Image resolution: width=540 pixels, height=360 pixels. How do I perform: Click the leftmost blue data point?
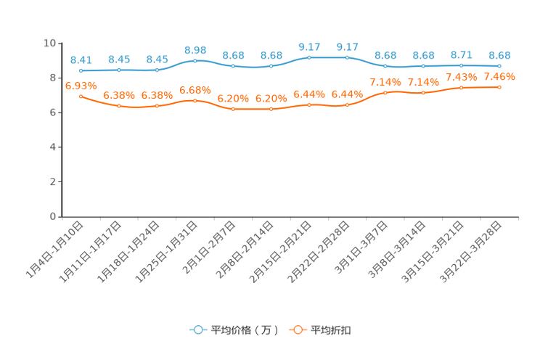coord(81,70)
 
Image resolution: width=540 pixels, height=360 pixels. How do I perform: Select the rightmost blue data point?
coord(499,66)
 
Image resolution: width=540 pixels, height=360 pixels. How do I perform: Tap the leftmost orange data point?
coord(81,97)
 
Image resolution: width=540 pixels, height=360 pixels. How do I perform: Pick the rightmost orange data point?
coord(499,86)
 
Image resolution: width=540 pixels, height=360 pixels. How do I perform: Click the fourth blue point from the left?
coord(195,61)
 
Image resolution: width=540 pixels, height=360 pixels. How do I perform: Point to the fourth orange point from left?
coord(195,101)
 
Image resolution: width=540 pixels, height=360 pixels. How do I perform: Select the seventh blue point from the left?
coord(309,57)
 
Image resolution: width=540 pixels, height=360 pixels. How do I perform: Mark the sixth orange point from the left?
coord(271,110)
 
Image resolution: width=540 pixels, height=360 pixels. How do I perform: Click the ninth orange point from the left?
coord(385,93)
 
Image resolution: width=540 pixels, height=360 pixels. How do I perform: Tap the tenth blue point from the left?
coord(423,66)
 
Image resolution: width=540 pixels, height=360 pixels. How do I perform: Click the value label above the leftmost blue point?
coord(81,60)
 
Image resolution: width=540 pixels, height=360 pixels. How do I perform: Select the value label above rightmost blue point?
coord(499,54)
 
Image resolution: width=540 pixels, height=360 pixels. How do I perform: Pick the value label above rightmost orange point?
coord(499,75)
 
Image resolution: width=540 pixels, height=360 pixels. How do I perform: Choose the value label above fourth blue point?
coord(195,50)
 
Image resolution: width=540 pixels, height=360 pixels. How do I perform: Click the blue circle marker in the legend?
coord(197,330)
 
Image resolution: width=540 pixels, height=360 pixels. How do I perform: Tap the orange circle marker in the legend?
coord(298,330)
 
